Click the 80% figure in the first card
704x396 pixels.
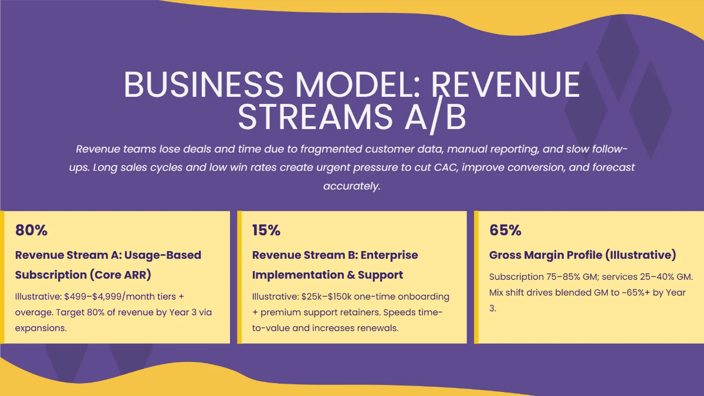31,231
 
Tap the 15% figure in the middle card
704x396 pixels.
266,231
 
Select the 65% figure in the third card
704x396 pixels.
505,231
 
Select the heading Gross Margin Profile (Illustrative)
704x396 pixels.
583,255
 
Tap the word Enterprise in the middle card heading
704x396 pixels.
389,255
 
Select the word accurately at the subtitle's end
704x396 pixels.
351,186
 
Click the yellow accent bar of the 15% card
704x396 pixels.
239,277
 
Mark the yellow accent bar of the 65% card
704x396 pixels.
476,277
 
